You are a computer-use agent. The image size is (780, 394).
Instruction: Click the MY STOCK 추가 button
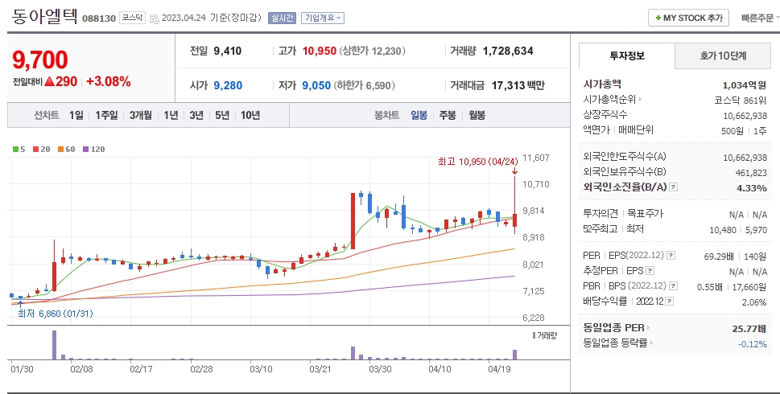click(689, 18)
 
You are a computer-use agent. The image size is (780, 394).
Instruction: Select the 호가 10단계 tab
click(722, 56)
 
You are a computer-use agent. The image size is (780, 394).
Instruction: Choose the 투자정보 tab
click(627, 56)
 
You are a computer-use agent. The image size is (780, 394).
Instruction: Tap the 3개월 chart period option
click(142, 115)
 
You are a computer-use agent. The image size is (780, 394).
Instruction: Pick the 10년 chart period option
click(250, 115)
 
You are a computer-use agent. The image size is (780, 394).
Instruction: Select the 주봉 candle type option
click(448, 115)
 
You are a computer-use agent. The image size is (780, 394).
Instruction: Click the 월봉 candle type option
click(477, 115)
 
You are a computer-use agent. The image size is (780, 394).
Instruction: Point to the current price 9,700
click(40, 60)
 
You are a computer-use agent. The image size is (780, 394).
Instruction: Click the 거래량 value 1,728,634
click(508, 51)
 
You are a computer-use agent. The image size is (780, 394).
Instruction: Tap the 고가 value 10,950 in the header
click(319, 51)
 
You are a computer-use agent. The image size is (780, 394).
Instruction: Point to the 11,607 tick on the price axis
click(536, 158)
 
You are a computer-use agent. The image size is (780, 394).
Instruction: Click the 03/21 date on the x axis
click(320, 369)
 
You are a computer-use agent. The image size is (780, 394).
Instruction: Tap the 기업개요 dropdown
click(323, 18)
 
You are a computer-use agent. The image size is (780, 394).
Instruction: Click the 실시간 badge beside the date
click(281, 18)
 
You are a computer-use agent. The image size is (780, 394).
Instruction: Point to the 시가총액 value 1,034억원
click(744, 84)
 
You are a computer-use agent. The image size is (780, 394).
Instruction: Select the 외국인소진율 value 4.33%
click(751, 187)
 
